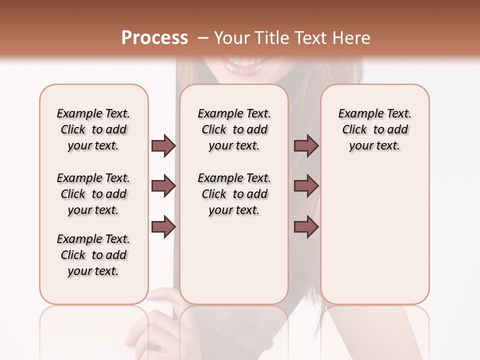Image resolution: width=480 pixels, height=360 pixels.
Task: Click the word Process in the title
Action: coord(154,38)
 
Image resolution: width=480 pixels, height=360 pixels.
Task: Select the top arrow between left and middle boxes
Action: coord(163,145)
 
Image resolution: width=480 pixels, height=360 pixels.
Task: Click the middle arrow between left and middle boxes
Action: coord(163,186)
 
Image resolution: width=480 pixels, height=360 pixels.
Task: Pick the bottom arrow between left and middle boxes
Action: coord(163,226)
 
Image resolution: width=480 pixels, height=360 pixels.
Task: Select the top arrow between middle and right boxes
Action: coord(306,145)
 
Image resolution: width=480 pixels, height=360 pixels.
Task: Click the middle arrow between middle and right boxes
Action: coord(306,186)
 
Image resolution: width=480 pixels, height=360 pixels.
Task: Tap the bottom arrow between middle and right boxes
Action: coord(306,226)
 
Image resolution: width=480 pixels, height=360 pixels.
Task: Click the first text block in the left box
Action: coord(93,129)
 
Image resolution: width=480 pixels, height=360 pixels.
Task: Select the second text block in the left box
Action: coord(93,194)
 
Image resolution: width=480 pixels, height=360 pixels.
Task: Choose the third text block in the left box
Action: coord(93,255)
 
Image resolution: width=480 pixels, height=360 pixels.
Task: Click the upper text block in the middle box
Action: coord(234,129)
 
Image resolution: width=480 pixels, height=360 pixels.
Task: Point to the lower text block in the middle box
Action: coord(234,194)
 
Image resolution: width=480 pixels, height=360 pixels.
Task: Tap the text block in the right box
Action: coord(374,129)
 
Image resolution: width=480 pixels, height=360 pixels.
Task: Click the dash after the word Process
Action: coord(203,38)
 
